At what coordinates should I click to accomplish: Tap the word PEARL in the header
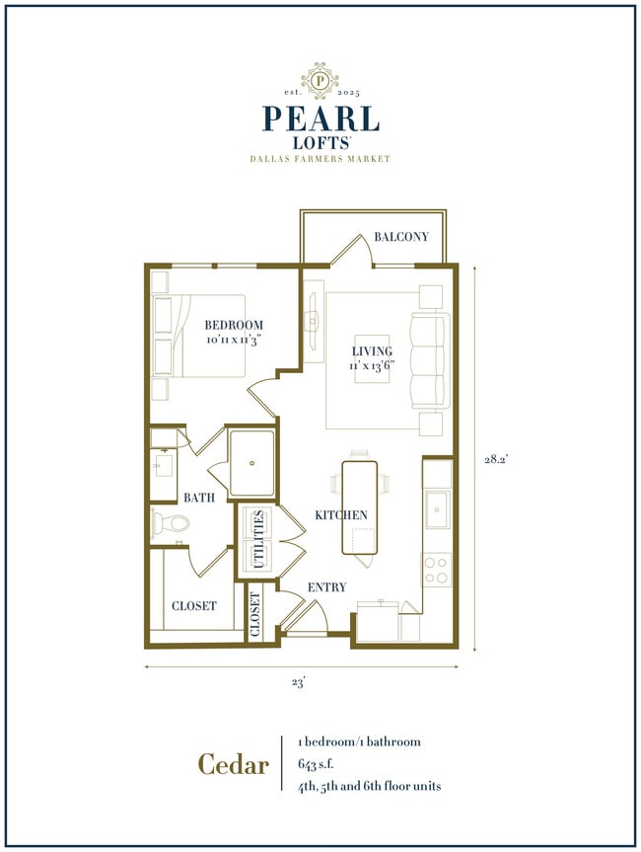tap(320, 118)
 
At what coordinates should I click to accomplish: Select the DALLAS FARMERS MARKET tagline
tap(320, 159)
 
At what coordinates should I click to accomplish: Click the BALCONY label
tap(401, 237)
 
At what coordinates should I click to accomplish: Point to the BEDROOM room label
tap(234, 326)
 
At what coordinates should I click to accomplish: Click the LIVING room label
tap(372, 350)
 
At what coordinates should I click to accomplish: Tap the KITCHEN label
tap(341, 515)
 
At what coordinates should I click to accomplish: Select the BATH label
tap(198, 499)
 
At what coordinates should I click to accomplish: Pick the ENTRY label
tap(327, 587)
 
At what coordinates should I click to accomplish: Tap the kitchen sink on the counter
tap(437, 509)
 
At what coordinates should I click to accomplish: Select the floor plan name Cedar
tap(233, 764)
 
